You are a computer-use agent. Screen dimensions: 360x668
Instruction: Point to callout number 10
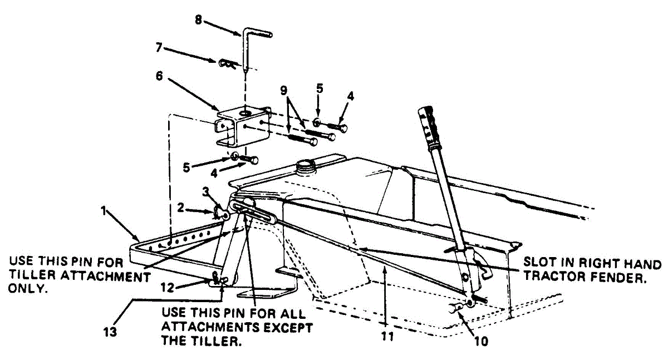482,341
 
